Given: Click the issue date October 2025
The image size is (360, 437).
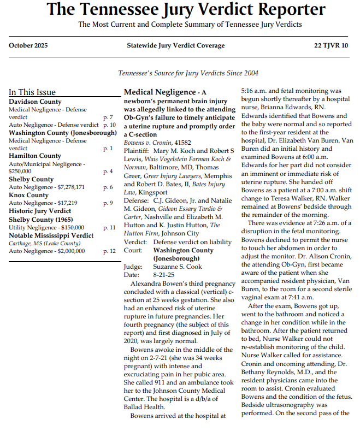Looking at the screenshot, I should (x=28, y=45).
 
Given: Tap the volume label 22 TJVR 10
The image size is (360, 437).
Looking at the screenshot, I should (x=331, y=45).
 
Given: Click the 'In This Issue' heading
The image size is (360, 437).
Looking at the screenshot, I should (x=32, y=92).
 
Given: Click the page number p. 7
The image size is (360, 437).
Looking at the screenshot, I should (x=108, y=117).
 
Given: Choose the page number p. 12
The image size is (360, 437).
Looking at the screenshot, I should (x=109, y=251).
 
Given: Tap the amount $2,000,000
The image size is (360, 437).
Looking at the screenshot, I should (x=66, y=251).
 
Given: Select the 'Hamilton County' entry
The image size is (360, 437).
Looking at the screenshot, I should (x=35, y=156).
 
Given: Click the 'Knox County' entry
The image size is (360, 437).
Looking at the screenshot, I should (x=29, y=195).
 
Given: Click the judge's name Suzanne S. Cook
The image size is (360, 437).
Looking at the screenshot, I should (x=177, y=267).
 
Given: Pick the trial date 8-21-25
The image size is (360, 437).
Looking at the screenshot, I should (x=164, y=275).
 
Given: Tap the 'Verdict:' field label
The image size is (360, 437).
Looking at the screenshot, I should (x=135, y=242).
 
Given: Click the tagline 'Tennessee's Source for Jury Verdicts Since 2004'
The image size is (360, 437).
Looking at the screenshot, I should (x=188, y=73).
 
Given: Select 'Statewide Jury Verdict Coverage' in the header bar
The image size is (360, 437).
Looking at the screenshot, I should (x=175, y=45).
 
